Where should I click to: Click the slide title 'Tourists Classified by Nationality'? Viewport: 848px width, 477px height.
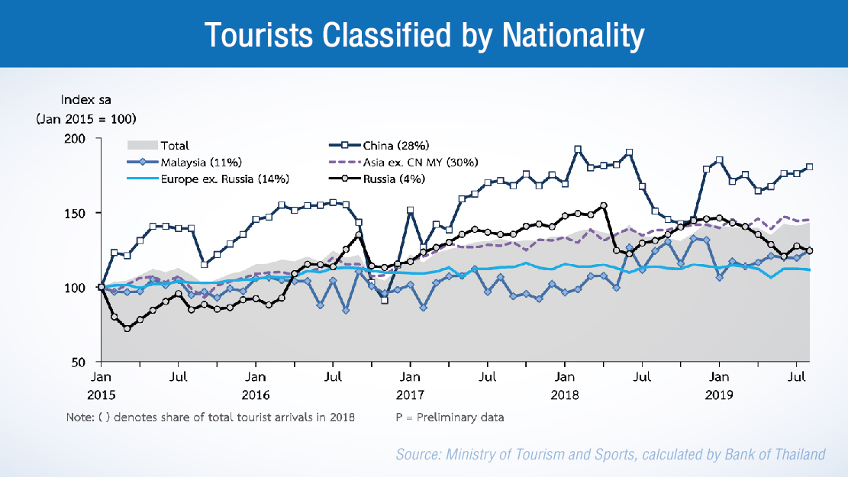(424, 34)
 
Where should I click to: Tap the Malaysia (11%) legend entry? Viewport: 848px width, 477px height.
(201, 162)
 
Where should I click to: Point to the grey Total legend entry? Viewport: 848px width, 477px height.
(175, 145)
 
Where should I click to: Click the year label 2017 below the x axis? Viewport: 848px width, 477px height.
(410, 395)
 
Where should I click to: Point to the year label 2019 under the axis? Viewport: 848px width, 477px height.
(718, 395)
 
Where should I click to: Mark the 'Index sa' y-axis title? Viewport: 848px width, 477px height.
(85, 100)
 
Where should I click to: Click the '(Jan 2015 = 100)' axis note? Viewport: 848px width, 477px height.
(85, 119)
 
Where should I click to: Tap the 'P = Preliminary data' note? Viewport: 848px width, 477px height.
(450, 417)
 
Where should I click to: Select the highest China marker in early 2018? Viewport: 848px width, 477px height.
(578, 150)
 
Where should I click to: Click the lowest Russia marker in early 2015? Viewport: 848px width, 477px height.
(127, 328)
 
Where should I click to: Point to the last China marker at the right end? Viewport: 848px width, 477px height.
(809, 167)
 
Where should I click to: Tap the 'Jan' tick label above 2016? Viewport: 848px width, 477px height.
(256, 376)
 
